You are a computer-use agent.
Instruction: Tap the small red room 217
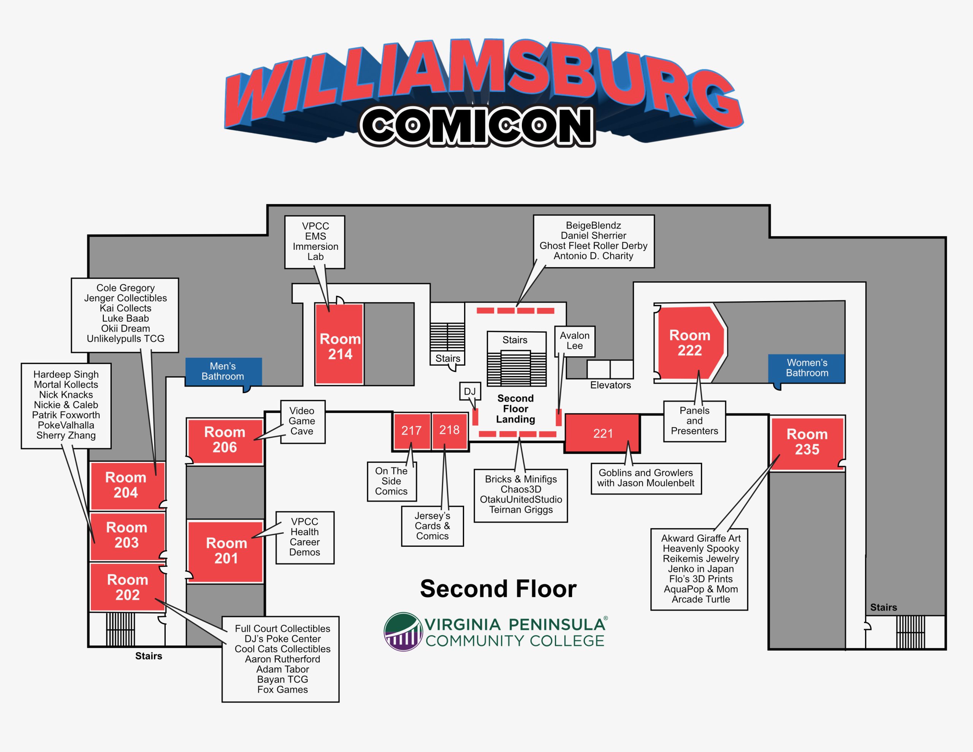point(411,431)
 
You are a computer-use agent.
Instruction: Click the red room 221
point(602,433)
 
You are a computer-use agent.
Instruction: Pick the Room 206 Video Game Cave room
point(225,440)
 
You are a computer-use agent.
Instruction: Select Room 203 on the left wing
point(127,535)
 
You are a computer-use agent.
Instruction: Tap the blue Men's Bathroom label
point(223,371)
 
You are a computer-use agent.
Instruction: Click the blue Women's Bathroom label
point(807,368)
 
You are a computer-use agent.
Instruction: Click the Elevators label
point(610,385)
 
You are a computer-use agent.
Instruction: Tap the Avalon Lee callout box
point(574,341)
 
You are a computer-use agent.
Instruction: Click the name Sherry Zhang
point(66,436)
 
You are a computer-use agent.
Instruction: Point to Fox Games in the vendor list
point(282,690)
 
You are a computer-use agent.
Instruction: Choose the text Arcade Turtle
point(700,600)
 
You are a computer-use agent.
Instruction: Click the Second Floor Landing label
point(515,409)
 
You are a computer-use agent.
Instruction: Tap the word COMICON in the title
point(477,126)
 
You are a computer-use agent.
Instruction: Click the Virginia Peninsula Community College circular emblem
point(403,632)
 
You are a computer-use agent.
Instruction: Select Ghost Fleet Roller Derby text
point(593,246)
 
